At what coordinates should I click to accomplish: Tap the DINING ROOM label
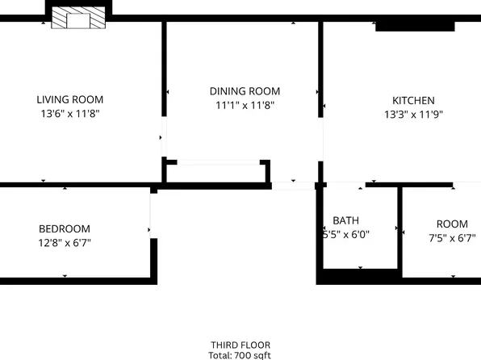pos(245,90)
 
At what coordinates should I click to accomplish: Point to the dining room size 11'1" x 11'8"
pos(245,105)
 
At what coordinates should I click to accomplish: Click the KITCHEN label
pos(413,99)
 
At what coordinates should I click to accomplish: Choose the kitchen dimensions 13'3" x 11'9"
pos(413,114)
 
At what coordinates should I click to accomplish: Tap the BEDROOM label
pos(65,228)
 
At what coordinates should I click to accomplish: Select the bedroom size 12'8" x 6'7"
pos(65,242)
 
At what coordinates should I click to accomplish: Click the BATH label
pos(346,220)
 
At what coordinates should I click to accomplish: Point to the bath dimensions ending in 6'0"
pos(346,235)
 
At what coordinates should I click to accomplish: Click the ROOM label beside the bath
pos(452,224)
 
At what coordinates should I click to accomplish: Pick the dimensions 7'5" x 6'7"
pos(452,238)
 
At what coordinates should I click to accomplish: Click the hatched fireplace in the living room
pos(78,20)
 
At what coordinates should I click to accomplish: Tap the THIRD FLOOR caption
pos(240,345)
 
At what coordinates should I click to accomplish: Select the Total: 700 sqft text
pos(240,355)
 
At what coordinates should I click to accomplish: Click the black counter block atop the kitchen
pos(415,27)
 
